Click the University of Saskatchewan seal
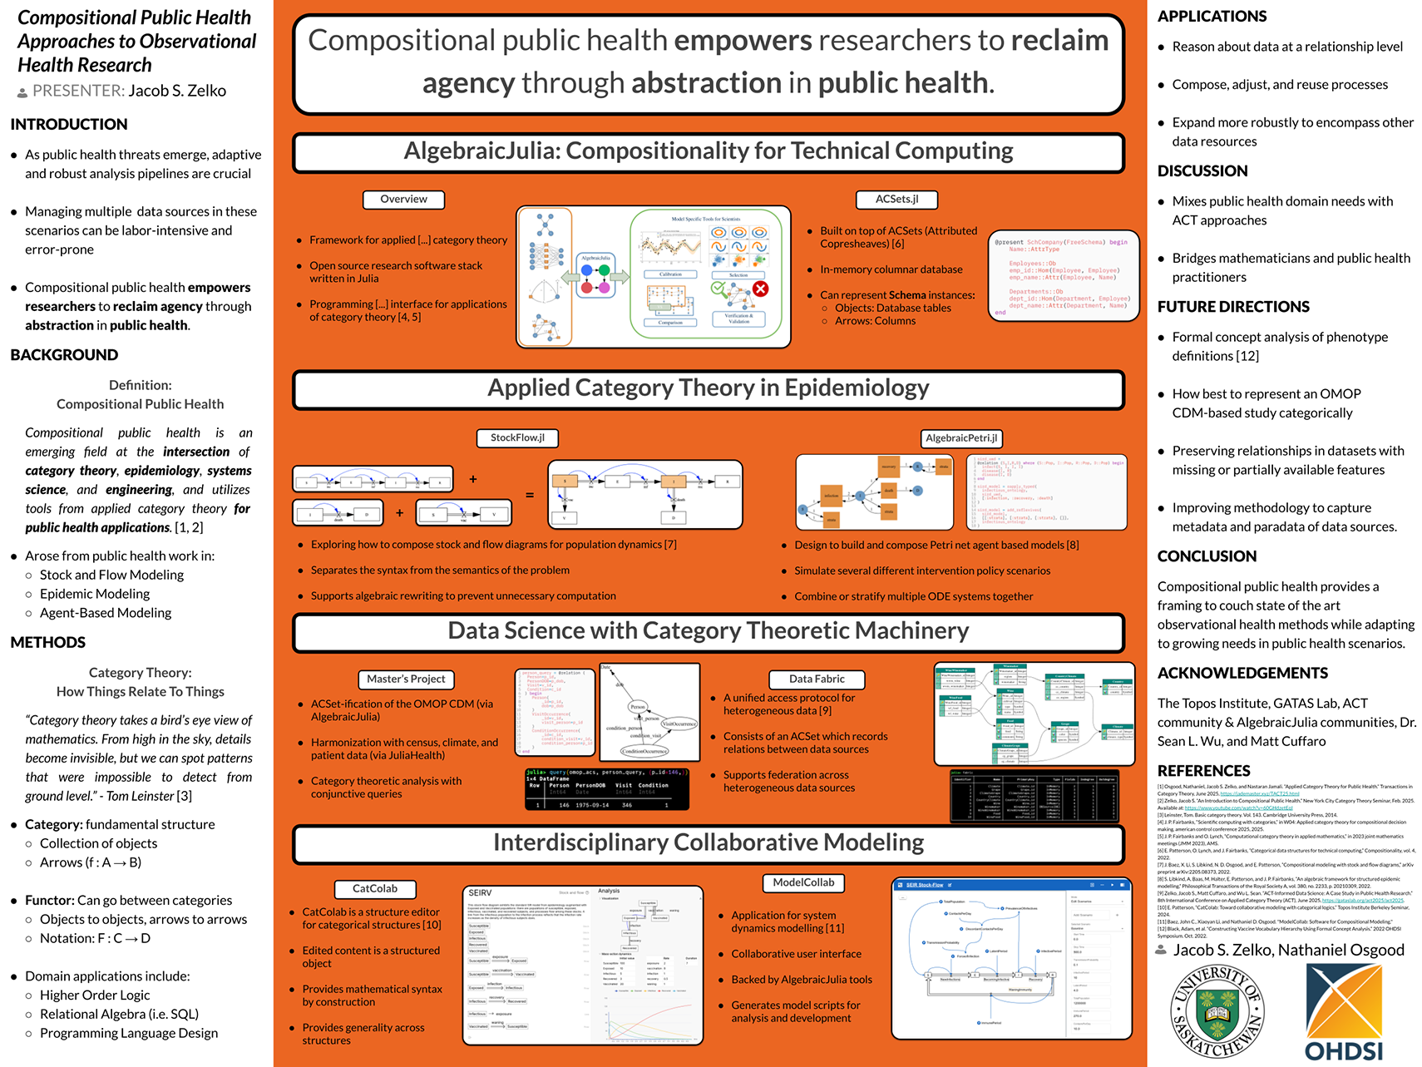click(1217, 1011)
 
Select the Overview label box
click(403, 200)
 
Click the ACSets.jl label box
click(896, 200)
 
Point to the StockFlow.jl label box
click(517, 438)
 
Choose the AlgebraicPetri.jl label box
click(961, 438)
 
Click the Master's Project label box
click(406, 679)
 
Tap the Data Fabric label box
click(817, 679)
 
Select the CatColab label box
click(375, 889)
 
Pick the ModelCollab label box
click(803, 883)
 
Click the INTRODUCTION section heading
click(69, 125)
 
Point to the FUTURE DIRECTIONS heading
click(1233, 307)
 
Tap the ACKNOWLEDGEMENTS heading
click(1242, 673)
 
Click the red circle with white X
click(760, 289)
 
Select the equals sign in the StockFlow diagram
click(530, 495)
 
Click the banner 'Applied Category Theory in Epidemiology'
click(709, 389)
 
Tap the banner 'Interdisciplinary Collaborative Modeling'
click(709, 843)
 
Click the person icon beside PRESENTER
click(22, 91)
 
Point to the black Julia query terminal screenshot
click(607, 788)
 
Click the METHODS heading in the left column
click(48, 643)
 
